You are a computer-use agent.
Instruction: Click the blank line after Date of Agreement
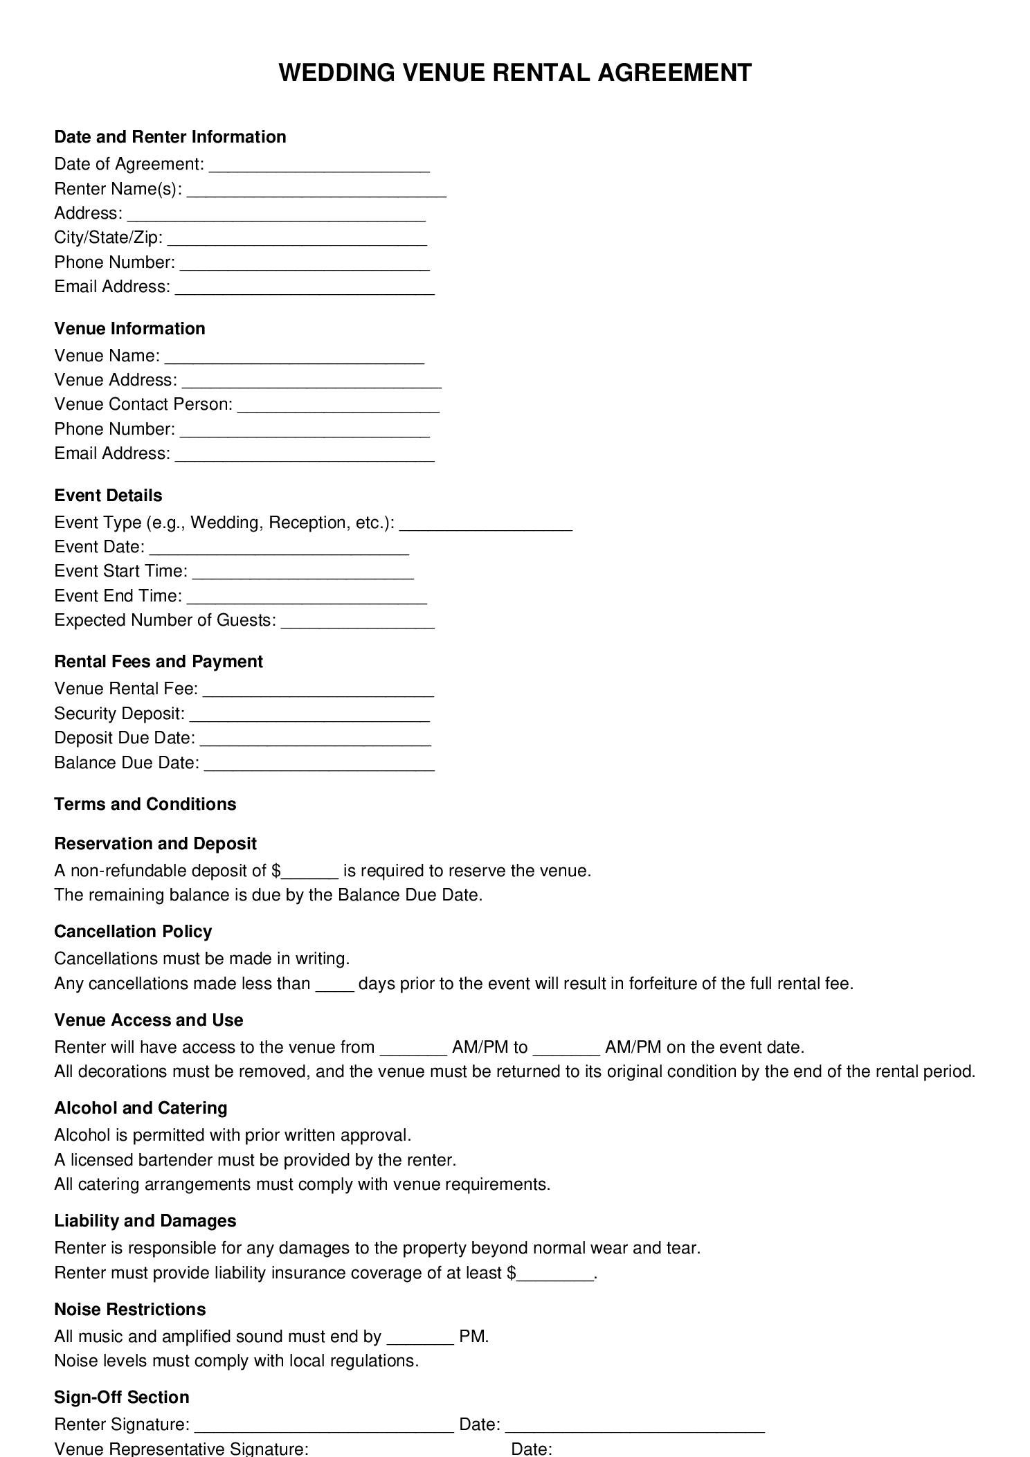tap(319, 166)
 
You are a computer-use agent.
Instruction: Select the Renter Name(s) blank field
tap(316, 191)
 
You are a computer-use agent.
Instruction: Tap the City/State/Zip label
tap(108, 238)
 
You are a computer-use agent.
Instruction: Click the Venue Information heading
tap(129, 329)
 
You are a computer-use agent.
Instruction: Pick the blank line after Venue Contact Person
tap(338, 406)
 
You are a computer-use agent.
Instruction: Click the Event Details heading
tap(108, 496)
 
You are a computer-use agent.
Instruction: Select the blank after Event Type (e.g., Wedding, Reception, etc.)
tap(486, 525)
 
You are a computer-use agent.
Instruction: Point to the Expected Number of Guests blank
tap(358, 622)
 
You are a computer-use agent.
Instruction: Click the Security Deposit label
tap(119, 714)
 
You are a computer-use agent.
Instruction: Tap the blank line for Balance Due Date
tap(319, 765)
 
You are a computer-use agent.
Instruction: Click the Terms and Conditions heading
tap(145, 804)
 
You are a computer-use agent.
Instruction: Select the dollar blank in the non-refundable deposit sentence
tap(309, 873)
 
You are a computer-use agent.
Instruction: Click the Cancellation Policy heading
tap(133, 932)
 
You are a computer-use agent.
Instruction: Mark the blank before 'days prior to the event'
tap(334, 986)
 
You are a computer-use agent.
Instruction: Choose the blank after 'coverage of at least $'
tap(555, 1275)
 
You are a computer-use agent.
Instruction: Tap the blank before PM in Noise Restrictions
tap(419, 1339)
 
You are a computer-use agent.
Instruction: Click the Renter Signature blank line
tap(323, 1426)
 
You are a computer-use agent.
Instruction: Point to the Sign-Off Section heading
tap(121, 1397)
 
